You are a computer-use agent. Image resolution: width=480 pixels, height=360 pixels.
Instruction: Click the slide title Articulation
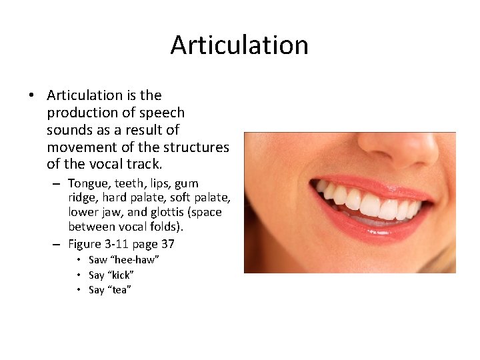point(239,45)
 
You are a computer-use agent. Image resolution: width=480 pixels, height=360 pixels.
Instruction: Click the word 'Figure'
point(86,244)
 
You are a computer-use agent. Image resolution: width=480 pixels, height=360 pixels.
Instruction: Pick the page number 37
point(167,244)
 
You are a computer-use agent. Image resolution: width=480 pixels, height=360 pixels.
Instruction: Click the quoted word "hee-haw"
point(135,260)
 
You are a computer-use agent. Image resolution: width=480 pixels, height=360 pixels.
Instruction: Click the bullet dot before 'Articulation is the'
point(32,96)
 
